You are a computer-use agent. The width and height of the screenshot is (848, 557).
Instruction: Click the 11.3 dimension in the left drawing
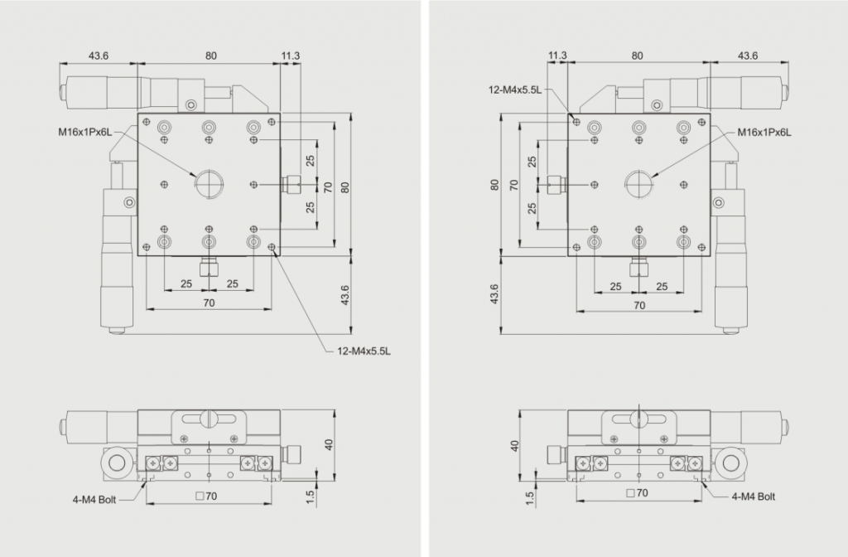click(291, 56)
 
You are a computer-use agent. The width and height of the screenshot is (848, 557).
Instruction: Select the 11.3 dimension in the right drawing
click(557, 56)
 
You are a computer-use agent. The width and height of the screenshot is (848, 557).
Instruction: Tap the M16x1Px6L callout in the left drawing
click(85, 132)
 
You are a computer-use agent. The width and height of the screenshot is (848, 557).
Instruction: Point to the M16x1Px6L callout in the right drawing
click(764, 133)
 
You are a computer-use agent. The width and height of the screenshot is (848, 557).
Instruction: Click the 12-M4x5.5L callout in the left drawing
click(364, 351)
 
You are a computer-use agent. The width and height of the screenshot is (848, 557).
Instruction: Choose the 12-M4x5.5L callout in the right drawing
click(515, 90)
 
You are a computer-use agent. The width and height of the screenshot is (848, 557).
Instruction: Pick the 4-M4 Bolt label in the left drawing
click(94, 500)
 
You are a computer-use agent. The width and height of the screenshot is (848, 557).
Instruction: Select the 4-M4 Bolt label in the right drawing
click(754, 496)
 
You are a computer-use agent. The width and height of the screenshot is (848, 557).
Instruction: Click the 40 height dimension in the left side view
click(329, 444)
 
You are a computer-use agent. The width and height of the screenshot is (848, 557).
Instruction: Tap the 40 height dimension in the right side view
click(514, 446)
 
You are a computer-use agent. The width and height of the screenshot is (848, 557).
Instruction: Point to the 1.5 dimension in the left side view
click(310, 497)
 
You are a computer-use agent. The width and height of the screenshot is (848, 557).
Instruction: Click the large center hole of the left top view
click(209, 184)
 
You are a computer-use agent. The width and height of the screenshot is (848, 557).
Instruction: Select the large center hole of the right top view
click(638, 184)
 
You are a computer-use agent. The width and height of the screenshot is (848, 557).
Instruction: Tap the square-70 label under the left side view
click(206, 496)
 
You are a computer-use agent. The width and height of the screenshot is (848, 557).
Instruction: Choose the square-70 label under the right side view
click(637, 493)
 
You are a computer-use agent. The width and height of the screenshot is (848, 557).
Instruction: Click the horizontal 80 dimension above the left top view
click(211, 56)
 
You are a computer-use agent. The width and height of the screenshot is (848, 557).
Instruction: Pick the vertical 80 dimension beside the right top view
click(494, 185)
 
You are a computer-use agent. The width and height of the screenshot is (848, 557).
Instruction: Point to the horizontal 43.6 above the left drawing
click(99, 56)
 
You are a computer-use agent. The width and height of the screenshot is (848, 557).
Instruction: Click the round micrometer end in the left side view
click(117, 463)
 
